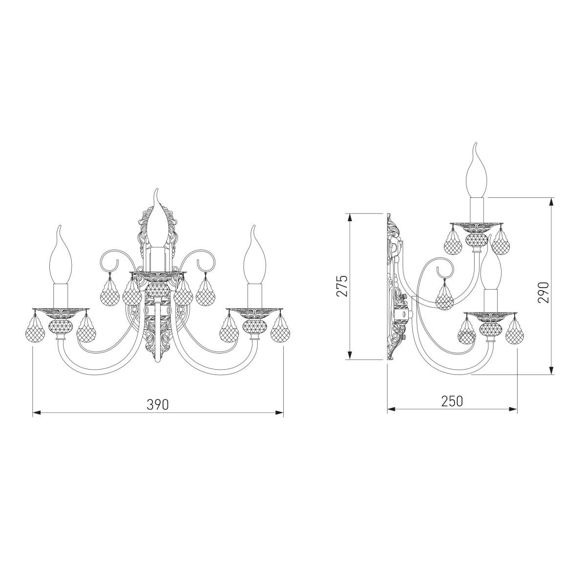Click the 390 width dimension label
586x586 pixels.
[x=158, y=404]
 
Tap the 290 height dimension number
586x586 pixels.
[x=543, y=292]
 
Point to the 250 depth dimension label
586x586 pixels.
[x=452, y=401]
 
